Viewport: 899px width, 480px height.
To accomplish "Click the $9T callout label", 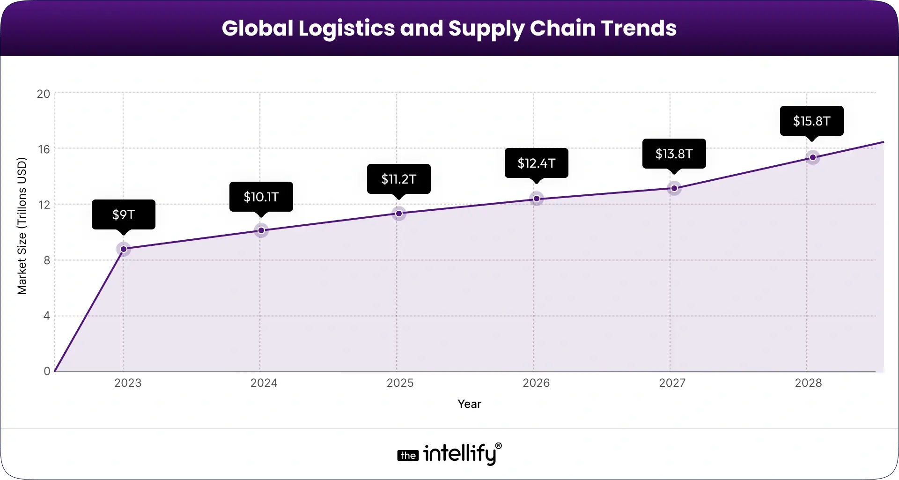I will click(x=124, y=214).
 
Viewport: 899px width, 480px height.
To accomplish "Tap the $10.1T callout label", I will click(x=261, y=197).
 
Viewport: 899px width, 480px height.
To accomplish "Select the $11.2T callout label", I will click(x=399, y=179).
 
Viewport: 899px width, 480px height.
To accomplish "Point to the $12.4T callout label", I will click(x=537, y=163).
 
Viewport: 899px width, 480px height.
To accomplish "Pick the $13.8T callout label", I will click(x=674, y=154).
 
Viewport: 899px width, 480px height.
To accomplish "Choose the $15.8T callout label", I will click(x=812, y=121).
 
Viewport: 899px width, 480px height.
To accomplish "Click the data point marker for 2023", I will click(x=124, y=249).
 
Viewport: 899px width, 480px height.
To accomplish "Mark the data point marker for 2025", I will click(x=399, y=214).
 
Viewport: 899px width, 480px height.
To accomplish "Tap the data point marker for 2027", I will click(x=674, y=188).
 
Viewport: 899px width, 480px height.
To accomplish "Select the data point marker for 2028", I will click(x=813, y=157).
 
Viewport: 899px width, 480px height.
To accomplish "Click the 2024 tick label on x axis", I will click(x=264, y=383).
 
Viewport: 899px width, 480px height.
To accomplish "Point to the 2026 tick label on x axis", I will click(x=536, y=383).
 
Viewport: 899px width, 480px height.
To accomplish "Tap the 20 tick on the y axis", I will click(x=44, y=94).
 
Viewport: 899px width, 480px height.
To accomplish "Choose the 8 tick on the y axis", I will click(x=47, y=260).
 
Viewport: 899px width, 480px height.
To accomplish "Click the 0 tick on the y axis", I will click(x=47, y=371).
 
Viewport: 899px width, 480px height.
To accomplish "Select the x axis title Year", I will click(x=469, y=404).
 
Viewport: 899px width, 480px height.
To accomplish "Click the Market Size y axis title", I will click(x=22, y=226).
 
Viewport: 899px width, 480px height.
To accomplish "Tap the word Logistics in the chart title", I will click(x=346, y=28).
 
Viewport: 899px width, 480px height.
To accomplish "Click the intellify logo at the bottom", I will click(x=449, y=453).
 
